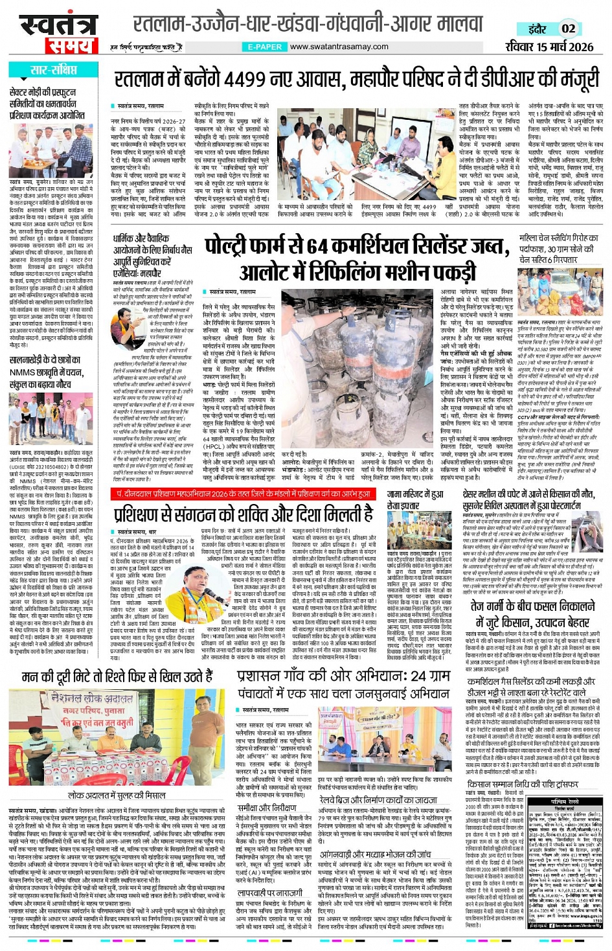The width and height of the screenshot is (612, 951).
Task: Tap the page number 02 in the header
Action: [568, 29]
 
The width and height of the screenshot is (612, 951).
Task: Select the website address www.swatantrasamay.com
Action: [339, 47]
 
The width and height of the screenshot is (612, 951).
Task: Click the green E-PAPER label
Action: [265, 47]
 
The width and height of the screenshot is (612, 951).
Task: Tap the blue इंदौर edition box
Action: [537, 29]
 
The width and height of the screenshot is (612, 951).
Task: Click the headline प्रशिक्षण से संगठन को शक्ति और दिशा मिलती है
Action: [244, 514]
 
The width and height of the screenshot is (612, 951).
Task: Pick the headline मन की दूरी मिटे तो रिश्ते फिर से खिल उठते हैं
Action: [117, 677]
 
